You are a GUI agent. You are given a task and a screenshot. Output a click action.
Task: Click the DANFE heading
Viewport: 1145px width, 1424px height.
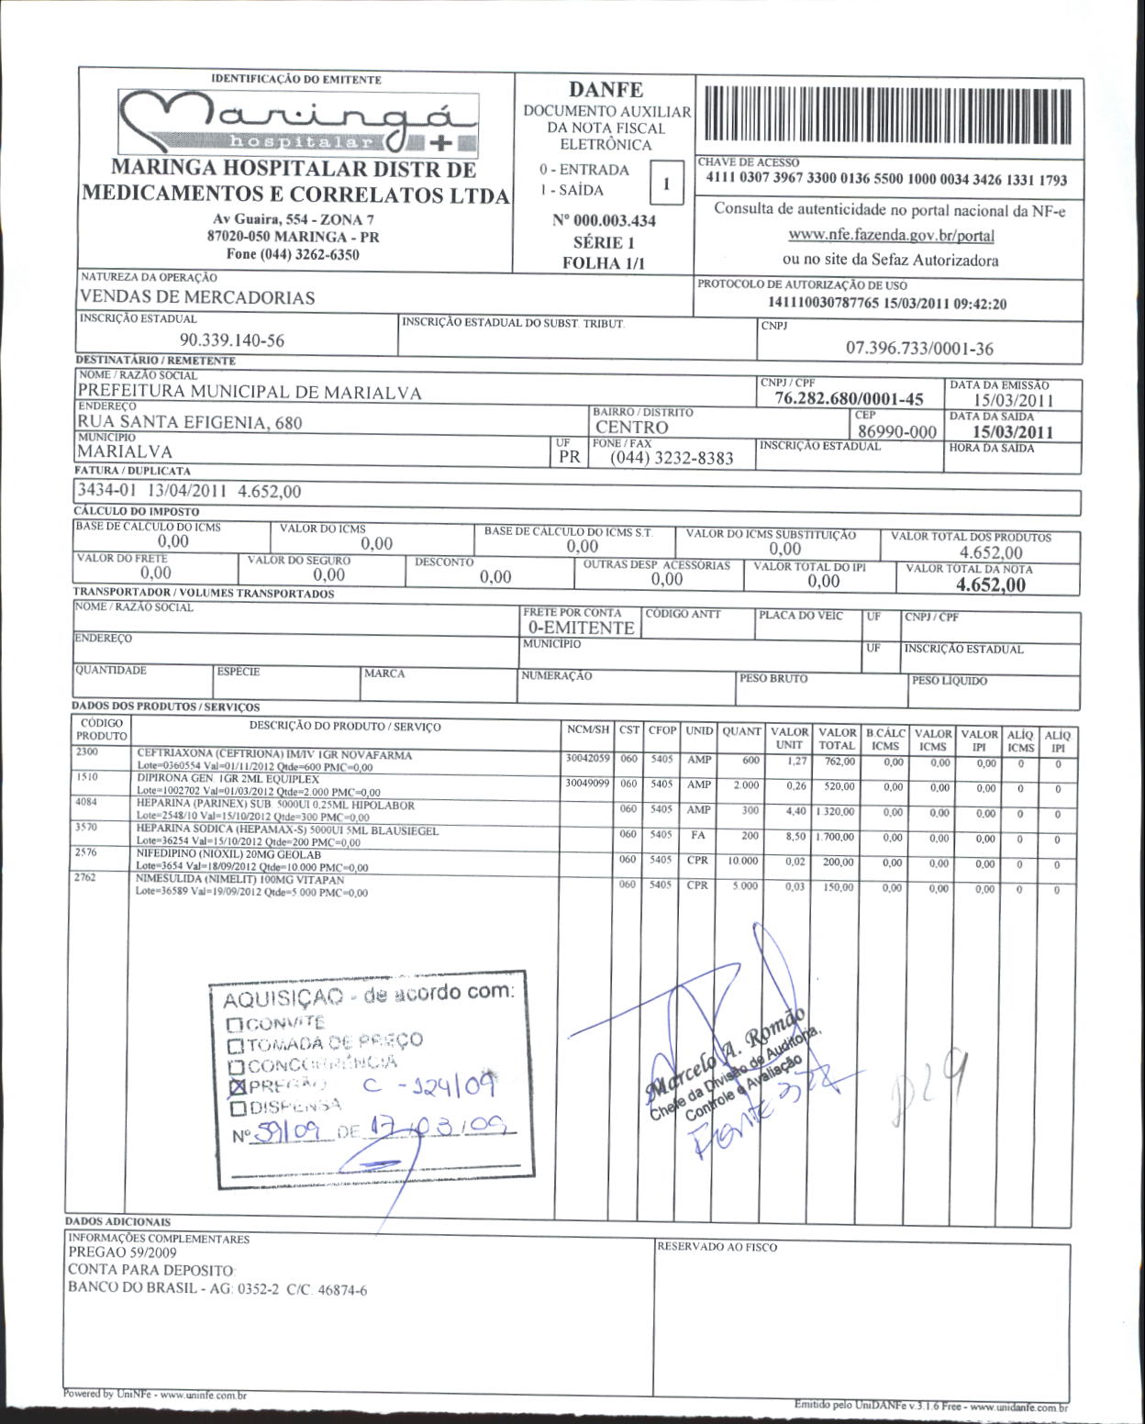point(606,90)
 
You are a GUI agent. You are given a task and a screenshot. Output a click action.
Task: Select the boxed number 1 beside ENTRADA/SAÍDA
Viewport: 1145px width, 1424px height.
point(666,184)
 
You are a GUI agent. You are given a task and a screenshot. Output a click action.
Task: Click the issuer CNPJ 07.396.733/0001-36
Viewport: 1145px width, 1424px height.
point(918,349)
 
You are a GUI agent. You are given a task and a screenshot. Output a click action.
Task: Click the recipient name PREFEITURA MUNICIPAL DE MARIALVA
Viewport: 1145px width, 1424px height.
point(250,393)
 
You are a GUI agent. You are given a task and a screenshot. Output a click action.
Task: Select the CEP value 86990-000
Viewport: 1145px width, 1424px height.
point(896,431)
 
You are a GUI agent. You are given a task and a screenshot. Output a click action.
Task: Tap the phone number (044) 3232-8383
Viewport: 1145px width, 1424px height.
point(672,458)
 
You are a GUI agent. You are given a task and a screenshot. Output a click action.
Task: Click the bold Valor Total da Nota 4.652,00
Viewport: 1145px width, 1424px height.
point(990,585)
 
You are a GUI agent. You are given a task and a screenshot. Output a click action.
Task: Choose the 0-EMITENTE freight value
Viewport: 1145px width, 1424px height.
point(581,628)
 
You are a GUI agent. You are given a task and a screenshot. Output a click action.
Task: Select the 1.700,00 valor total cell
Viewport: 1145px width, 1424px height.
point(836,837)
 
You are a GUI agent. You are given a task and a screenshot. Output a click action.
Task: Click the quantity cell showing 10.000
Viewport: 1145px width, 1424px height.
point(742,862)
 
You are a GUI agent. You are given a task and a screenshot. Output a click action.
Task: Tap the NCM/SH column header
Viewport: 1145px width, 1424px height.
point(587,730)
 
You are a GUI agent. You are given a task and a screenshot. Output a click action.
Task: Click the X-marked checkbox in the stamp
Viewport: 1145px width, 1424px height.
point(239,1087)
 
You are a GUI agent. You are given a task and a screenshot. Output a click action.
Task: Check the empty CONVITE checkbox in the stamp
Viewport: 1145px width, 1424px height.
point(234,1024)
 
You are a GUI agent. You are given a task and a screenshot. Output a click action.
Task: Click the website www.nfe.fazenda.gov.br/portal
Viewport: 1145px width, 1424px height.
point(891,235)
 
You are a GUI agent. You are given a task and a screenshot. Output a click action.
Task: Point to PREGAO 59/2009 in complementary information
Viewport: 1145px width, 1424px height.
point(123,1252)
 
